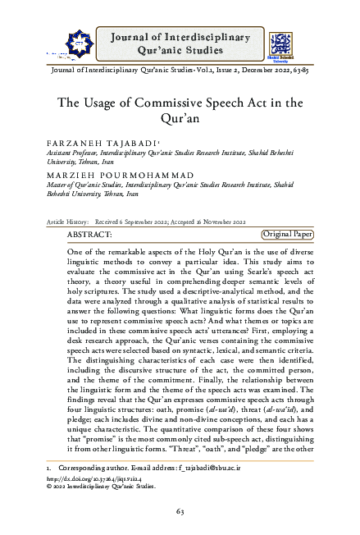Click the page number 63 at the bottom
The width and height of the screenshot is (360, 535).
coord(180,513)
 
